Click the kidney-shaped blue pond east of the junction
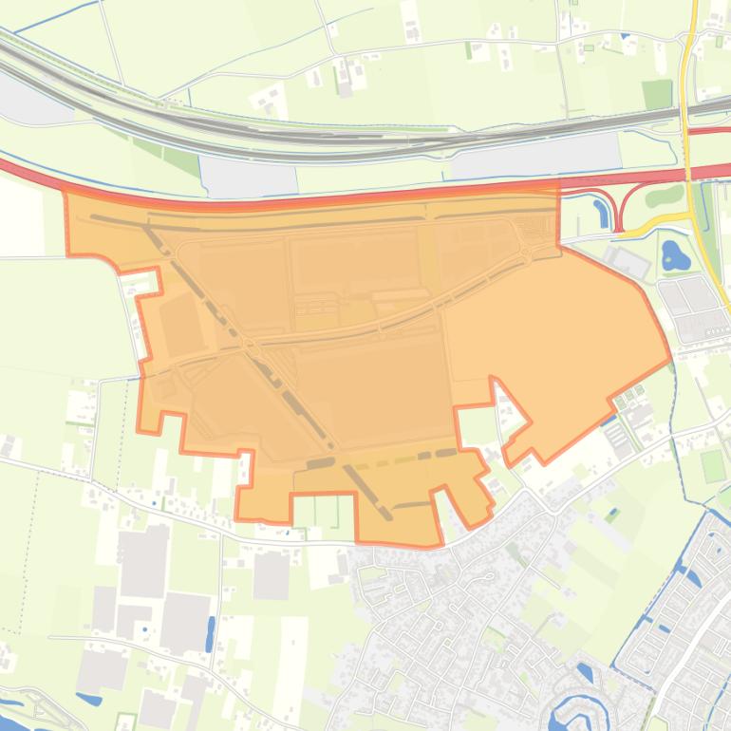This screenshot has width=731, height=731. pyautogui.click(x=675, y=255)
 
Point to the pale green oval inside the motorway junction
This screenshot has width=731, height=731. pyautogui.click(x=664, y=197)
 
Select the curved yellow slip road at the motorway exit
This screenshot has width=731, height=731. pyautogui.click(x=655, y=223)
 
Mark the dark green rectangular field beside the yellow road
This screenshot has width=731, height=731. pyautogui.click(x=656, y=94)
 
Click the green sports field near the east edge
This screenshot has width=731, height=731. pyautogui.click(x=714, y=466)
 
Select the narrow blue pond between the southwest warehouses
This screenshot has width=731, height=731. pyautogui.click(x=210, y=633)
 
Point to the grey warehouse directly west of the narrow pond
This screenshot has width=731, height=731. pyautogui.click(x=184, y=622)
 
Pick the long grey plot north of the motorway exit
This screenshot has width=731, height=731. pyautogui.click(x=532, y=155)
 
